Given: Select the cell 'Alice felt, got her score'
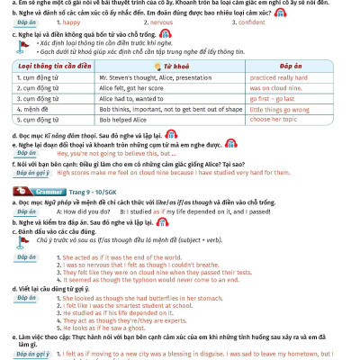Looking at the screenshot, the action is [x=136, y=88].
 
